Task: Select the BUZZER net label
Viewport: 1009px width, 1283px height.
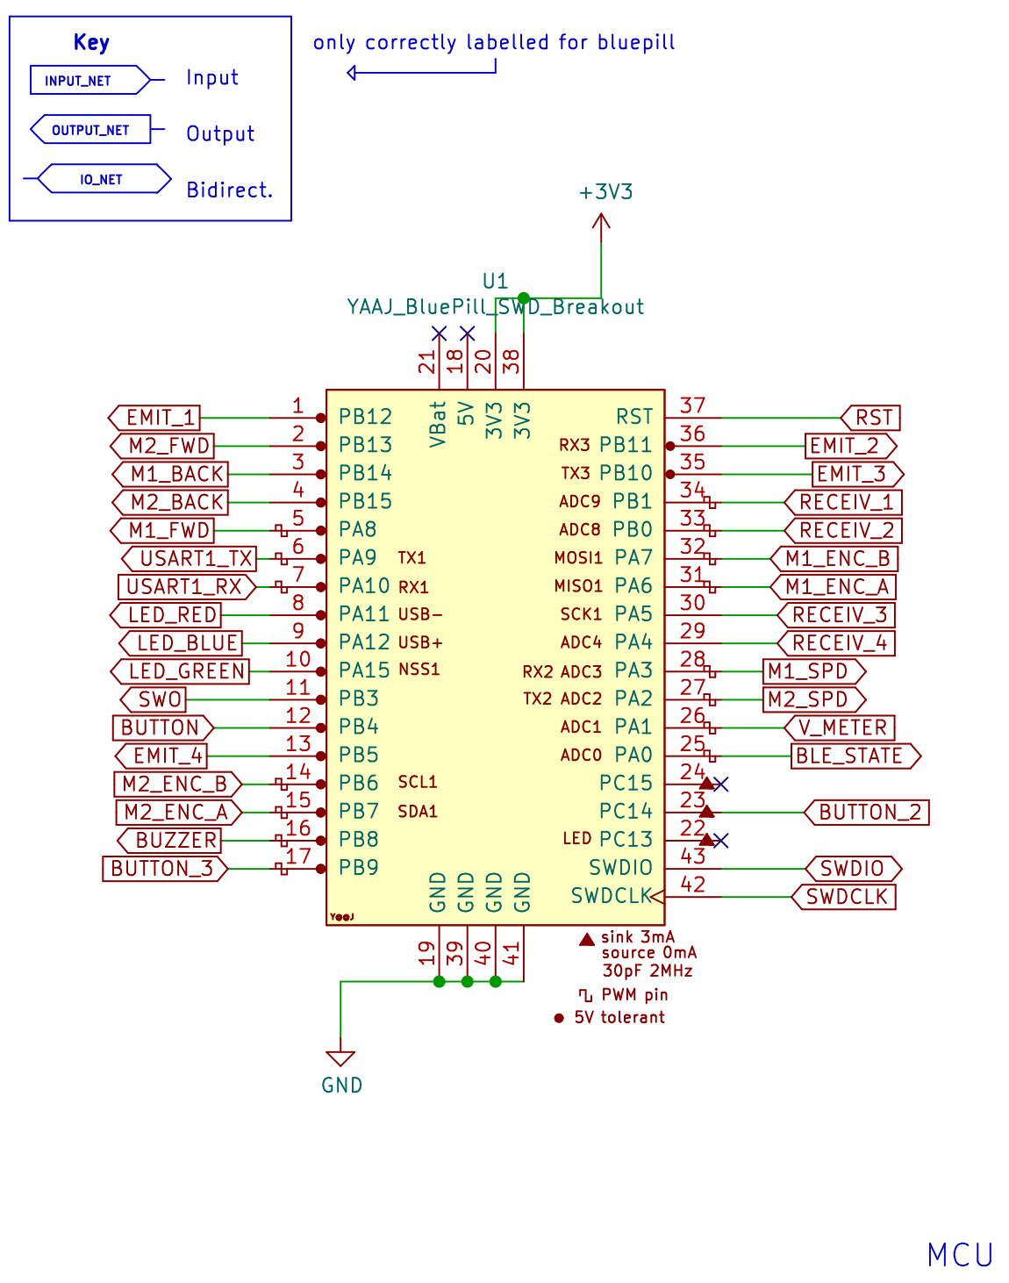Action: point(175,841)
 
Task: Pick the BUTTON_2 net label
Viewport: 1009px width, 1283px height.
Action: point(869,813)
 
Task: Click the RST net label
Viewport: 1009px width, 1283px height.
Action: point(873,418)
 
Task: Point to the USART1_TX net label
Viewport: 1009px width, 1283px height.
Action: point(195,559)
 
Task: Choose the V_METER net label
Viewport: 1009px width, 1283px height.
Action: point(842,728)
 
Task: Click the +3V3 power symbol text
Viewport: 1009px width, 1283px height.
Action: point(605,192)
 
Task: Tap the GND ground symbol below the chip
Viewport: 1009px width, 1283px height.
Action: point(340,1059)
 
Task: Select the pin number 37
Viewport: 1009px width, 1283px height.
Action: point(692,405)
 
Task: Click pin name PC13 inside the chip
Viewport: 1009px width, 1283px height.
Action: point(626,840)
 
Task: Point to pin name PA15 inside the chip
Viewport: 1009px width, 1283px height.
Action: point(364,670)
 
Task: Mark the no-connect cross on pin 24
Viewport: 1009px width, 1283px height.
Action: point(721,784)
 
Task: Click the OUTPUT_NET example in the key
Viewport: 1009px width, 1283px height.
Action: point(90,130)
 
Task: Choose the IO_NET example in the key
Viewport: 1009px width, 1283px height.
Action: point(101,179)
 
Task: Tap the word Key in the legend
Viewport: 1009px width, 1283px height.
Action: point(91,42)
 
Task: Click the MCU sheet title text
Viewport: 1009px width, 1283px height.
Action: point(960,1255)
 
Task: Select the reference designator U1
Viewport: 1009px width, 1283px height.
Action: point(495,282)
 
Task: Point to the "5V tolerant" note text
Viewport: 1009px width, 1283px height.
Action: point(619,1018)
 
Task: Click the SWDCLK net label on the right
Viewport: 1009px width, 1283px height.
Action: point(846,897)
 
